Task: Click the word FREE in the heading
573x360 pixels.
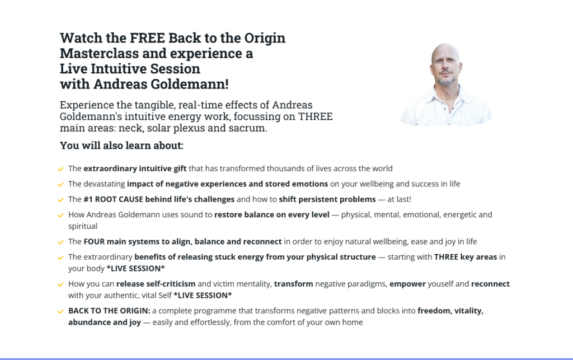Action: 147,38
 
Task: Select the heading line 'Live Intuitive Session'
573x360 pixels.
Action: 130,69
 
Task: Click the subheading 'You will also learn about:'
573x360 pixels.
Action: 121,146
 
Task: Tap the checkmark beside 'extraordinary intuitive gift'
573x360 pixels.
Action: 60,169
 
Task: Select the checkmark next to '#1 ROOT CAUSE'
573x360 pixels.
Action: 60,199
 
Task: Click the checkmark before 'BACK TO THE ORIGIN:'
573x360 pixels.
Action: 60,311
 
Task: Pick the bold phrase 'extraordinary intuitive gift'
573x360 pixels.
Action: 135,169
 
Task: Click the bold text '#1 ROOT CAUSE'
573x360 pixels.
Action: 113,199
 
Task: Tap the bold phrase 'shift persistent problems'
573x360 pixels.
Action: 327,199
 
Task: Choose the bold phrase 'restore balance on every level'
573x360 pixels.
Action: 272,214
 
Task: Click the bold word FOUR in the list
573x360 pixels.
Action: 94,241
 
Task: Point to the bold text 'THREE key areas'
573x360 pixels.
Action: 466,257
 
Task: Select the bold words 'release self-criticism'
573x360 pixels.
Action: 156,284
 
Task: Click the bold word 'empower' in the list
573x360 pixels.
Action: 407,284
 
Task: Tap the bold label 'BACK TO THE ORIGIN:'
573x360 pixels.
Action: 109,311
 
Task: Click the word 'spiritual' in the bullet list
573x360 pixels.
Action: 83,226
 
